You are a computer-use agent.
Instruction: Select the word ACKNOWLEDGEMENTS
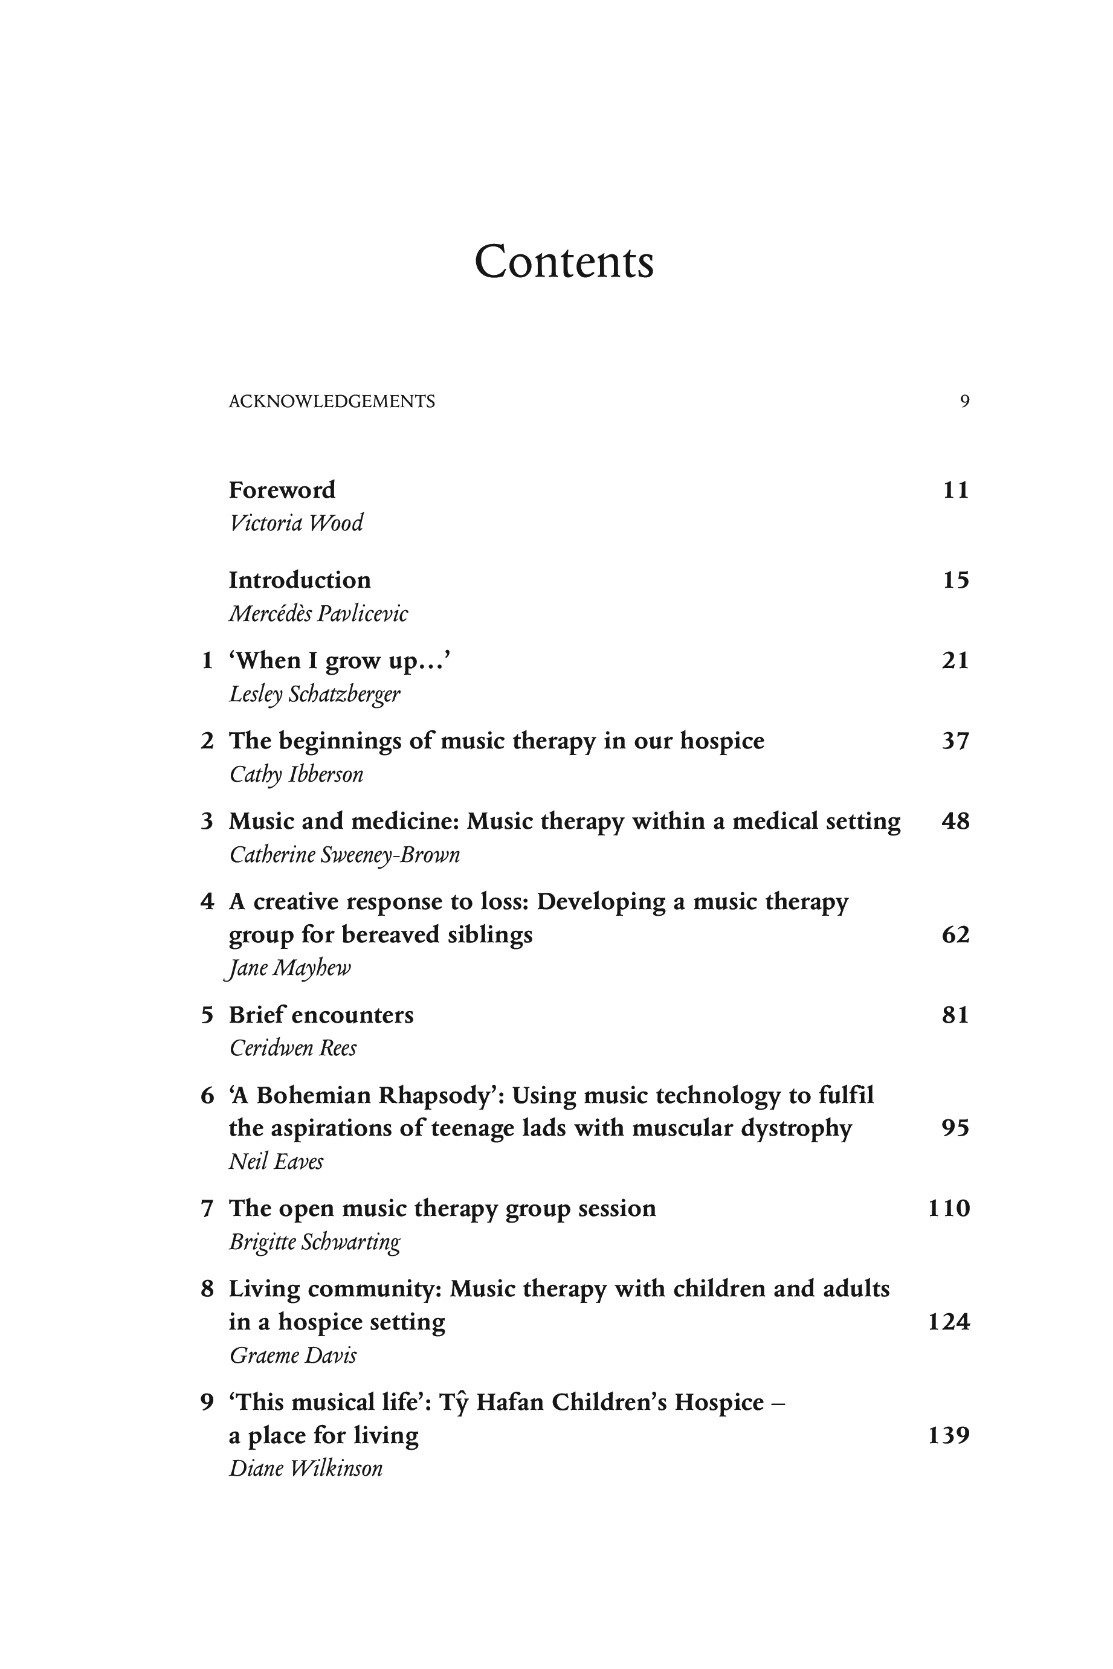point(332,402)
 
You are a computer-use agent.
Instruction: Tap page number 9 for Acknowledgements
point(964,402)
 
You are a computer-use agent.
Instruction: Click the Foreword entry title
point(282,490)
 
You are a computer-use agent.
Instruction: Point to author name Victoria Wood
point(296,523)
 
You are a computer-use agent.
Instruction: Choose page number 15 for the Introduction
point(955,580)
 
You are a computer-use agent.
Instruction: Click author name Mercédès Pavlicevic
point(318,613)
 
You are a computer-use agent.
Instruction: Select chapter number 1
point(207,661)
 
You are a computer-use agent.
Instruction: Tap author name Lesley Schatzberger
point(314,694)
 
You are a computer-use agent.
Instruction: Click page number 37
point(955,741)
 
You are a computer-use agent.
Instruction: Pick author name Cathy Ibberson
point(296,774)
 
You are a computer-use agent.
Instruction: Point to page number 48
point(955,821)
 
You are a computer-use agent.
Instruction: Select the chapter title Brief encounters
point(321,1015)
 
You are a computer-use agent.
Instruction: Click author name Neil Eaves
point(276,1162)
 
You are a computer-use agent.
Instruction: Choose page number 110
point(949,1209)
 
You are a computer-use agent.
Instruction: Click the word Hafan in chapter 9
point(509,1402)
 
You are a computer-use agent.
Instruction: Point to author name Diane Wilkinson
point(305,1468)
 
